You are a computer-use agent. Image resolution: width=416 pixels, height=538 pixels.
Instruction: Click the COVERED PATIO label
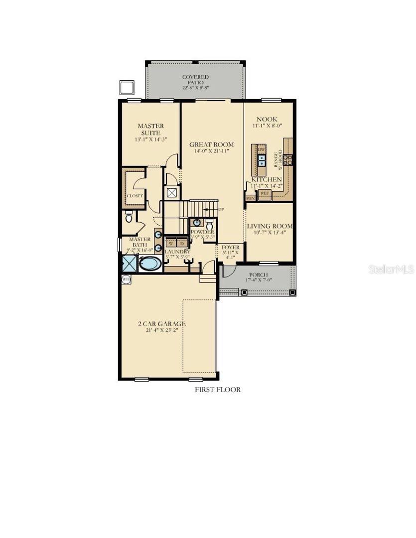point(195,80)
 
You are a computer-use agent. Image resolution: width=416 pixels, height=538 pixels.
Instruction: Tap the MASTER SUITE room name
point(150,130)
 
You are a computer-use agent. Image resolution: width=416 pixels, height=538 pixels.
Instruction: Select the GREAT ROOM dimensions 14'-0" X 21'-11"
point(212,151)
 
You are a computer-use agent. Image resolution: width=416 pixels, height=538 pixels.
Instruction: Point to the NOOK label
point(267,119)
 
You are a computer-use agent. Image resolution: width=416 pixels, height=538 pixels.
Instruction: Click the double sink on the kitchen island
point(262,160)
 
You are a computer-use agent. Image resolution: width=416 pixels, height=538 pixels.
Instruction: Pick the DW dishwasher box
point(261,149)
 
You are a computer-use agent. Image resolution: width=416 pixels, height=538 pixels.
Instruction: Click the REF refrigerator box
point(265,193)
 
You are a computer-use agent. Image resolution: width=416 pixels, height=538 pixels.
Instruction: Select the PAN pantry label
point(250,198)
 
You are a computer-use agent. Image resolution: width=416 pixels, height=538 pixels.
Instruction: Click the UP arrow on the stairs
point(213,210)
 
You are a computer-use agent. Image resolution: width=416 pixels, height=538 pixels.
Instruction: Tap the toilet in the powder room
point(209,225)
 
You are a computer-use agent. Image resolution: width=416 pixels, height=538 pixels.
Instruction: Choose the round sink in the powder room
point(197,223)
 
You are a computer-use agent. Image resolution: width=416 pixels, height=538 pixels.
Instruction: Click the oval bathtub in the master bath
point(150,264)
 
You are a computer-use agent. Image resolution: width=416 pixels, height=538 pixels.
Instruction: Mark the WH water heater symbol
point(126,279)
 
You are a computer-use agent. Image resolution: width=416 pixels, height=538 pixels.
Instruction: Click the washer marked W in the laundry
point(171,243)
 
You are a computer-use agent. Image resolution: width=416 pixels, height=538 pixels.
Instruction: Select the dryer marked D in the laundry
point(182,243)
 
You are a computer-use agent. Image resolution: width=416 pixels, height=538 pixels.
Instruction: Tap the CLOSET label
point(135,196)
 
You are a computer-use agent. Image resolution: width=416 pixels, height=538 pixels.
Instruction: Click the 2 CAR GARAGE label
point(162,324)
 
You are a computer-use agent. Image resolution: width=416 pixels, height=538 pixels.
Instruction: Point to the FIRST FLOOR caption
point(217,390)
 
